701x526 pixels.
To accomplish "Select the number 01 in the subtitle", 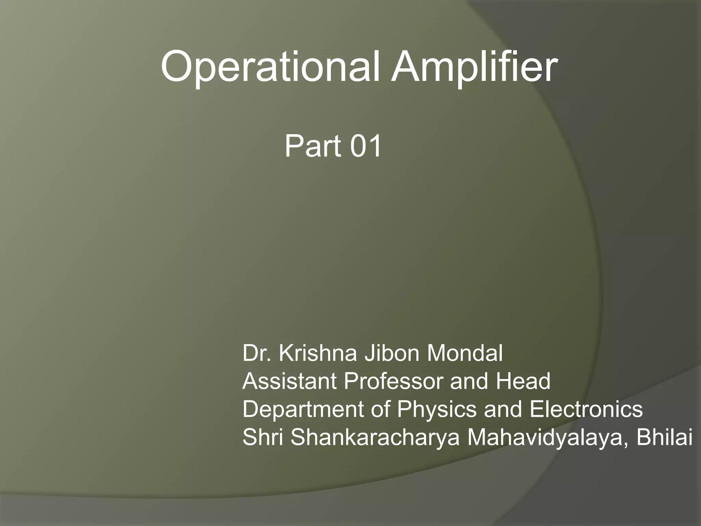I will [x=365, y=146].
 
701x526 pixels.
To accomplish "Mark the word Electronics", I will [x=586, y=409].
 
